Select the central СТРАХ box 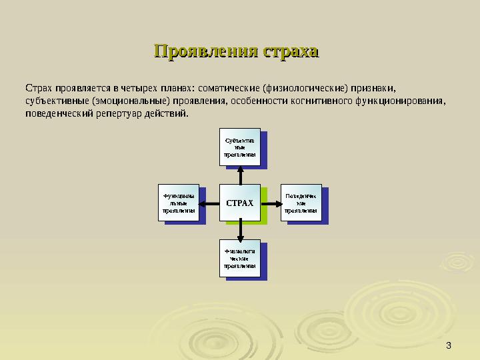[x=240, y=202]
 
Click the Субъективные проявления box [x=239, y=147]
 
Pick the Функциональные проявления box [x=179, y=202]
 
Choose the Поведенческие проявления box [x=301, y=202]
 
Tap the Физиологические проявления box [x=239, y=258]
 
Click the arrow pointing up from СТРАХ [x=240, y=175]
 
